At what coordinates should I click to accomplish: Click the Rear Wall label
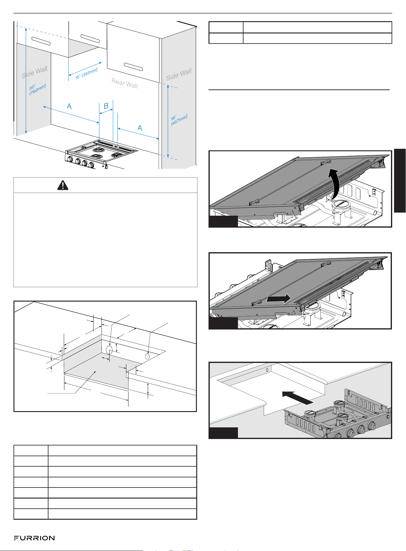pyautogui.click(x=124, y=83)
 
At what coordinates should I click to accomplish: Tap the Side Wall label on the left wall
pyautogui.click(x=35, y=72)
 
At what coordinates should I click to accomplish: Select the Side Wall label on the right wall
pyautogui.click(x=179, y=75)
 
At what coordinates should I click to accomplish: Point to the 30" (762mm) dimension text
pyautogui.click(x=37, y=89)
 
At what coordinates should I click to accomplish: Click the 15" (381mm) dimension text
pyautogui.click(x=86, y=74)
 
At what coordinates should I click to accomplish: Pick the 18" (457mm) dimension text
pyautogui.click(x=179, y=119)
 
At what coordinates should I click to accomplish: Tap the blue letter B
pyautogui.click(x=106, y=106)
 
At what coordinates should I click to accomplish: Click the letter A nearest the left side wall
pyautogui.click(x=69, y=106)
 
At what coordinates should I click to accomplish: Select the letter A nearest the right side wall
pyautogui.click(x=140, y=128)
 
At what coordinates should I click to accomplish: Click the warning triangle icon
pyautogui.click(x=63, y=185)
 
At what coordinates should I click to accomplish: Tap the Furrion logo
pyautogui.click(x=35, y=538)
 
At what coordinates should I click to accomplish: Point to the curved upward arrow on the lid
pyautogui.click(x=334, y=184)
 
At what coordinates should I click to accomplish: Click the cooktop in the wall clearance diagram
pyautogui.click(x=101, y=154)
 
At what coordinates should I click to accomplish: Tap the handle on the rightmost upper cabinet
pyautogui.click(x=133, y=67)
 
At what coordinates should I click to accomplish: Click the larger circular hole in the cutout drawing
pyautogui.click(x=109, y=350)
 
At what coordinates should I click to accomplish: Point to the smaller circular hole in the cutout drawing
pyautogui.click(x=147, y=356)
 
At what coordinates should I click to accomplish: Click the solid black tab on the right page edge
pyautogui.click(x=400, y=180)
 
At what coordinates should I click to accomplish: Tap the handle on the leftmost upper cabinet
pyautogui.click(x=41, y=41)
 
